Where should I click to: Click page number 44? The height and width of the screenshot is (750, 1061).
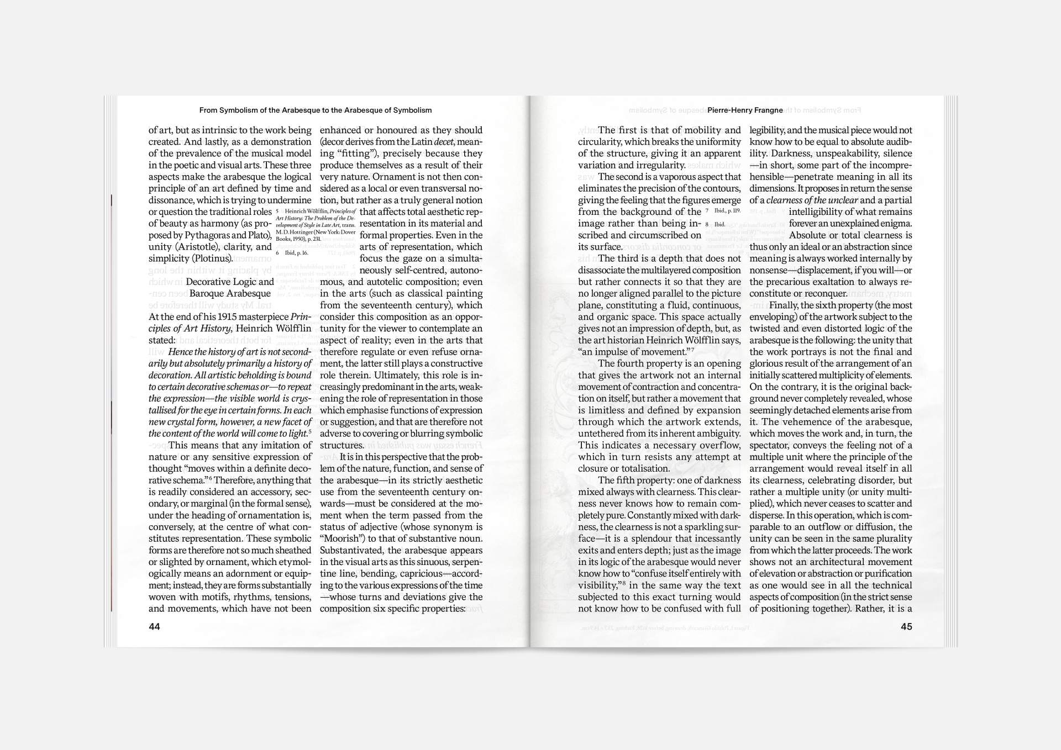[x=154, y=626]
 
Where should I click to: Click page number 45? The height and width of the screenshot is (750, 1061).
[x=906, y=626]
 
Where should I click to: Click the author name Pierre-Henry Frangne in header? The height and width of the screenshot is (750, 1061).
[x=745, y=110]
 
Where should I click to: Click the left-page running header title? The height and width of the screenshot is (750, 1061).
[x=316, y=110]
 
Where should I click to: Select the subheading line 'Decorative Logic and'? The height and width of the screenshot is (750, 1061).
[x=230, y=282]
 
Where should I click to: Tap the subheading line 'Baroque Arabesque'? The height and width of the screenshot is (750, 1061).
[x=230, y=293]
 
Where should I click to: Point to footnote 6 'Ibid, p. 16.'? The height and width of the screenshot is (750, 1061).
[x=293, y=253]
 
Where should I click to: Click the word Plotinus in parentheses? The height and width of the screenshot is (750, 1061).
[x=212, y=258]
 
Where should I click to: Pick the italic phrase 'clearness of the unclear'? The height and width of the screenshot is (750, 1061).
[x=812, y=200]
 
